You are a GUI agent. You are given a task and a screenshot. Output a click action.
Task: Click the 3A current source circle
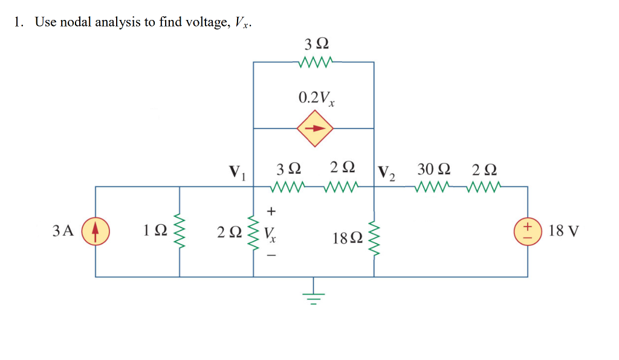[96, 231]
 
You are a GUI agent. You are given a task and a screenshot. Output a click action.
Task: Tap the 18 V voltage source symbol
[528, 231]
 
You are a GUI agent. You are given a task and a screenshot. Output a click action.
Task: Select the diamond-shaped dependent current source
[314, 128]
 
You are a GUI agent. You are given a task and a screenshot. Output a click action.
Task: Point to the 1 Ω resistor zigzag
[179, 231]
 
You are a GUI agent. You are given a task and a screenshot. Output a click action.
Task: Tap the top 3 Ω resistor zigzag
[314, 61]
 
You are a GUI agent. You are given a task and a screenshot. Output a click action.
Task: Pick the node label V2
[386, 172]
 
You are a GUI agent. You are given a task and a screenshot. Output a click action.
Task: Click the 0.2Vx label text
[317, 98]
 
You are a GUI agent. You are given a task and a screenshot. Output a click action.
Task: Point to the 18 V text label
[565, 231]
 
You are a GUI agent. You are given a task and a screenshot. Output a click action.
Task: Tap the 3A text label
[62, 231]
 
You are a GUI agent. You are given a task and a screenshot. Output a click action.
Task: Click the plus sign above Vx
[271, 211]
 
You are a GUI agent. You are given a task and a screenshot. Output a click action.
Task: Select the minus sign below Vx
[271, 256]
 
